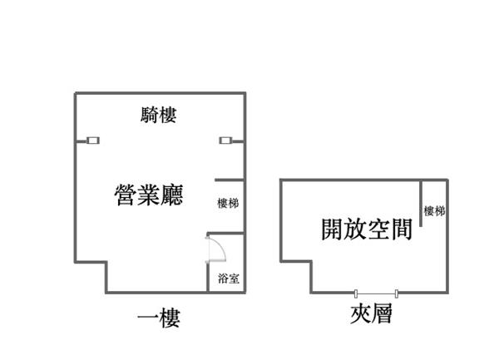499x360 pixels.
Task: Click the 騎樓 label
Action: pyautogui.click(x=159, y=115)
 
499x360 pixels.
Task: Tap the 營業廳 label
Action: pyautogui.click(x=149, y=195)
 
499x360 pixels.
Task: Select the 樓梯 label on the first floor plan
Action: pyautogui.click(x=228, y=203)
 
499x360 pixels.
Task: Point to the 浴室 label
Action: pyautogui.click(x=229, y=279)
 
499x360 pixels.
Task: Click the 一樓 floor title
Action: pyautogui.click(x=159, y=318)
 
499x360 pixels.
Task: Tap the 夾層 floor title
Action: pyautogui.click(x=371, y=313)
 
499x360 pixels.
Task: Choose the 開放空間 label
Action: pyautogui.click(x=367, y=229)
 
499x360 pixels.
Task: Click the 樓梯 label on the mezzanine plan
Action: pyautogui.click(x=434, y=211)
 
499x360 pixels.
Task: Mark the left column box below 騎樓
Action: pyautogui.click(x=93, y=141)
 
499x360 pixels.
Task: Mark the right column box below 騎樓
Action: pyautogui.click(x=225, y=141)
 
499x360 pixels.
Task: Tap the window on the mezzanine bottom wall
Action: pyautogui.click(x=376, y=293)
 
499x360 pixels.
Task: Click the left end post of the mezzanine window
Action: pyautogui.click(x=356, y=293)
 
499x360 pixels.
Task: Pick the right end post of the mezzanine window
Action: pyautogui.click(x=396, y=293)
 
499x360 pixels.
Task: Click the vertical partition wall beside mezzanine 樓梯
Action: pyautogui.click(x=421, y=204)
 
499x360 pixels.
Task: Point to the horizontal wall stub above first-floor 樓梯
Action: pyautogui.click(x=230, y=180)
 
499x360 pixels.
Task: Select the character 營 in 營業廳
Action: pyautogui.click(x=126, y=195)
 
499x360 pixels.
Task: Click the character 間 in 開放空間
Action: pyautogui.click(x=402, y=229)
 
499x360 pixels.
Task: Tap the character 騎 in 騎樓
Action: pyautogui.click(x=149, y=115)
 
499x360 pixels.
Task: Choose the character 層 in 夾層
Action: pyautogui.click(x=382, y=313)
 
